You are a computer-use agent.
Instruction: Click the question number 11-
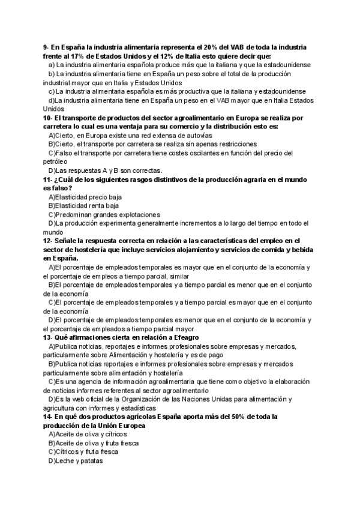(x=48, y=179)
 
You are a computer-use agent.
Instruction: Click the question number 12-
(x=48, y=241)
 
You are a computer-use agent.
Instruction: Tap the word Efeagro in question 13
(x=181, y=337)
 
